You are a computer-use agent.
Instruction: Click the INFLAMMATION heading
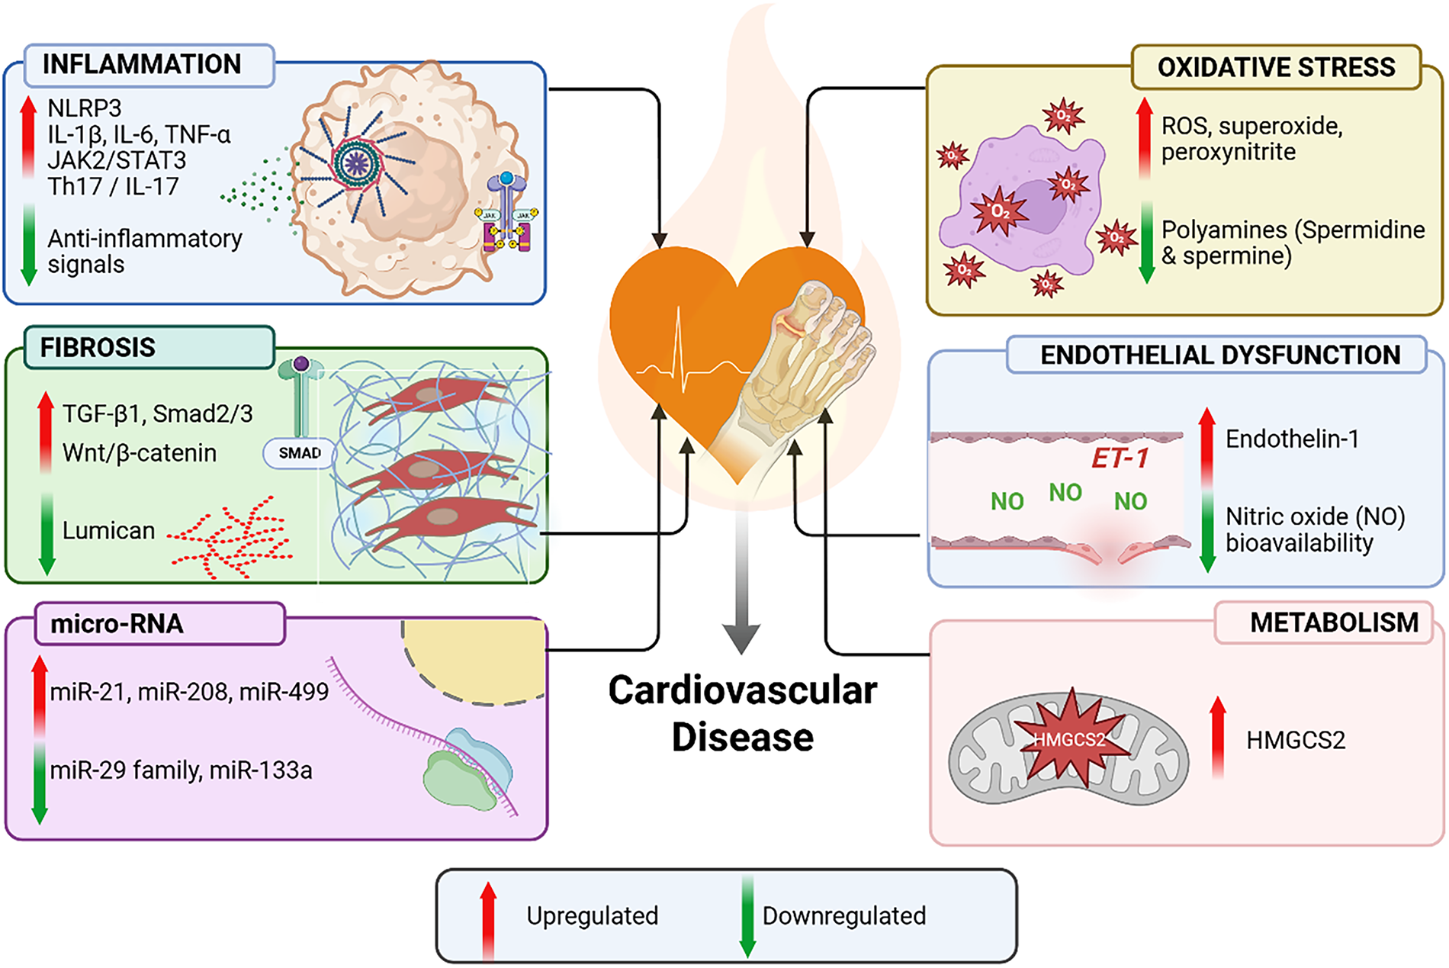(142, 65)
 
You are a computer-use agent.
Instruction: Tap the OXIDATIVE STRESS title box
(1276, 67)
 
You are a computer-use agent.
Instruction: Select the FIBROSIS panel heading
(98, 348)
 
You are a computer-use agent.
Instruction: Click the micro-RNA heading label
(117, 624)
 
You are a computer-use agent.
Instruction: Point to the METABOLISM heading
(1334, 622)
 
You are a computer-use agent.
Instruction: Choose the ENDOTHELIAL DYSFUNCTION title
(1220, 355)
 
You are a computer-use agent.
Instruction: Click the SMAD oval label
(300, 453)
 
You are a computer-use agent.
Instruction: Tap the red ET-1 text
(1120, 458)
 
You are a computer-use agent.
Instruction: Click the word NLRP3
(85, 108)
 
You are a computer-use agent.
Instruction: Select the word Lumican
(108, 530)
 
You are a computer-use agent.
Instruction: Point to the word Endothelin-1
(1292, 439)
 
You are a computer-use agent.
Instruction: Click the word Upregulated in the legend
(592, 915)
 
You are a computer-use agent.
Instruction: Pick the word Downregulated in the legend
(844, 915)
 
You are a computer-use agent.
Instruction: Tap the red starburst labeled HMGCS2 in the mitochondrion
(1069, 739)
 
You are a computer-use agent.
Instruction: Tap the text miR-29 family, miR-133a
(181, 770)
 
